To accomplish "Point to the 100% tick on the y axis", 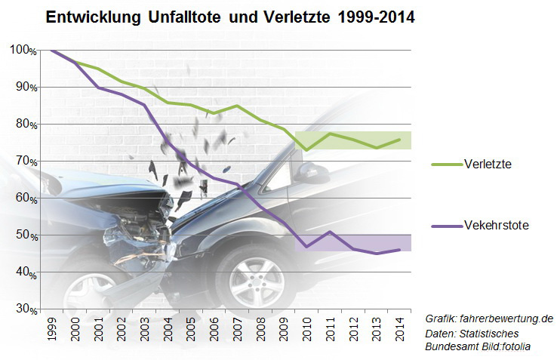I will (x=23, y=50).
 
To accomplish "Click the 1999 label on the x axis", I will (x=51, y=327).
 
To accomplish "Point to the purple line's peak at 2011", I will (x=331, y=232).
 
